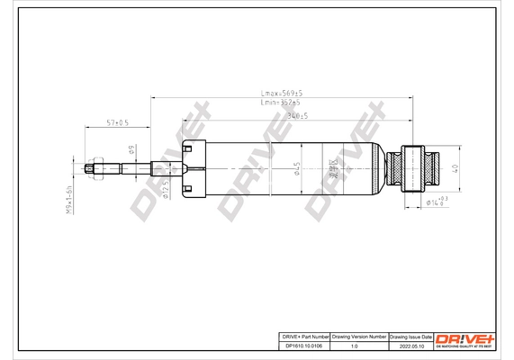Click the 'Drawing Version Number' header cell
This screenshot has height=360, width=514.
(359, 335)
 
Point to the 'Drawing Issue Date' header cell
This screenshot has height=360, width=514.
(410, 335)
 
